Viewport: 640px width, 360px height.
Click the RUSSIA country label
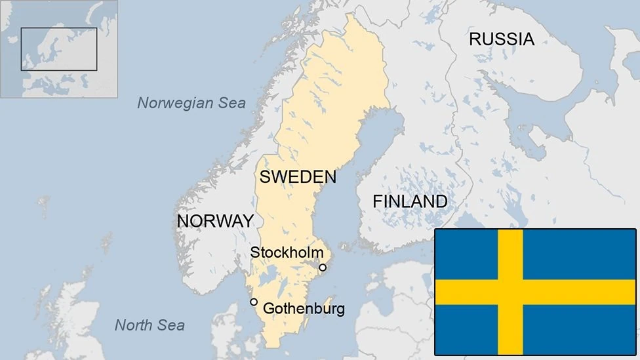pos(502,39)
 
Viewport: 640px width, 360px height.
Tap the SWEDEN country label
pos(298,176)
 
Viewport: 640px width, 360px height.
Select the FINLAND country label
pos(410,201)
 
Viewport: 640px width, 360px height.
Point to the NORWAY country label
pos(215,221)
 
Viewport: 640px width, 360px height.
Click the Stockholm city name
pos(287,252)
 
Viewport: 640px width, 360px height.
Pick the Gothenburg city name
pos(304,308)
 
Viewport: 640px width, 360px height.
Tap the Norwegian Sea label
pos(191,103)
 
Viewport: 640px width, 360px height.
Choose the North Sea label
pos(150,325)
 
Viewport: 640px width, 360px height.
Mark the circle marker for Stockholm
pos(323,268)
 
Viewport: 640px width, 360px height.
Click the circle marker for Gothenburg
pos(254,302)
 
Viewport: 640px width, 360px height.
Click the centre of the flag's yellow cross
pos(510,292)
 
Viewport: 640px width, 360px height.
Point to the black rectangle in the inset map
pos(59,49)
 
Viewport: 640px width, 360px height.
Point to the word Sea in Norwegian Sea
pos(232,103)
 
